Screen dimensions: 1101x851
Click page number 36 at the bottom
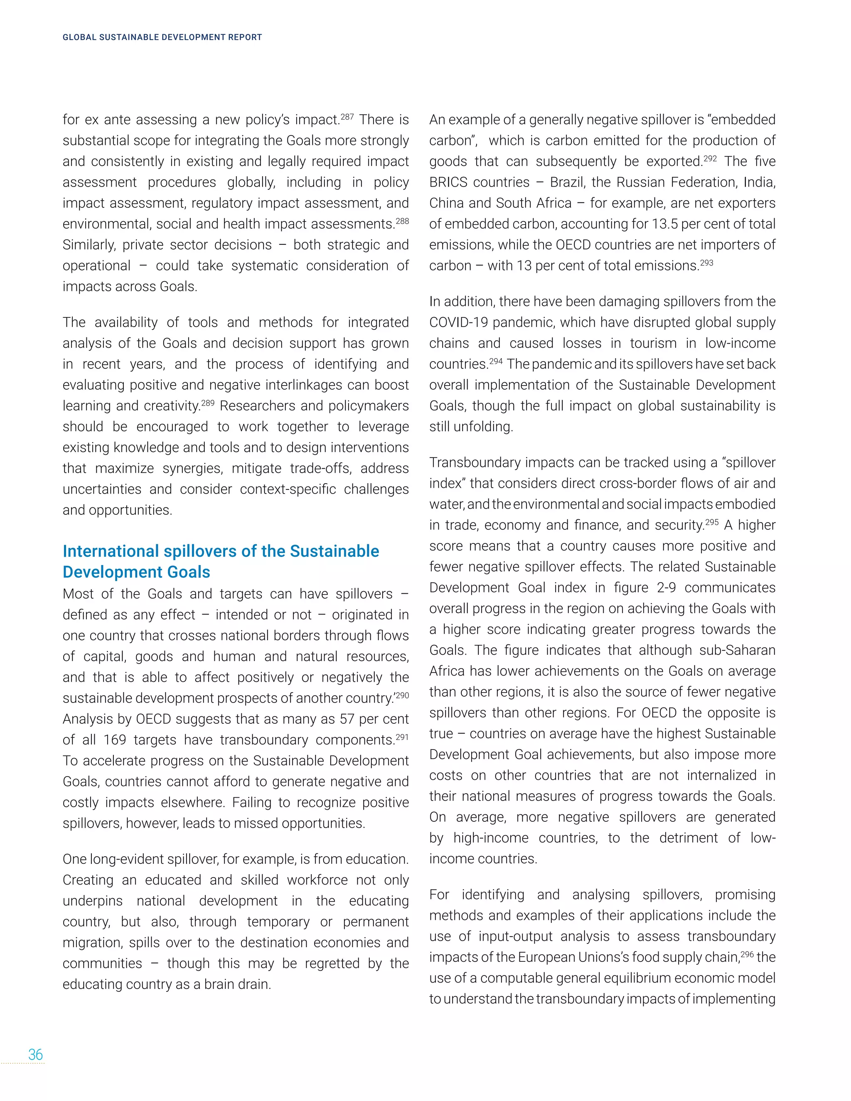tap(35, 1054)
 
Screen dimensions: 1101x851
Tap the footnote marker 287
tap(347, 116)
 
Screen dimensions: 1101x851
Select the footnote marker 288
tap(402, 221)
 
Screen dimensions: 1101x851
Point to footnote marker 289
tap(208, 403)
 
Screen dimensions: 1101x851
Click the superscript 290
tap(402, 695)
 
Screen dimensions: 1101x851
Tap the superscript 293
tap(706, 263)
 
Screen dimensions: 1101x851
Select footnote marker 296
tap(747, 954)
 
